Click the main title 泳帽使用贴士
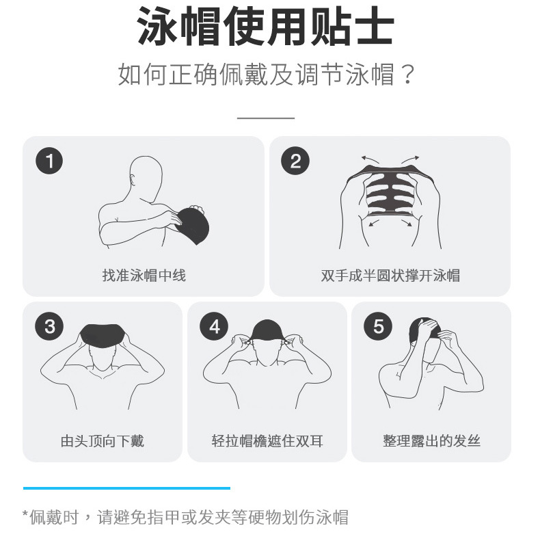pos(266,27)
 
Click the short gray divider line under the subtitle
pos(265,118)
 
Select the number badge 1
pos(49,161)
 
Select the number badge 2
pos(295,161)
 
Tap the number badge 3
pos(49,327)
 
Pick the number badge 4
pos(214,327)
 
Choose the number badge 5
pos(378,327)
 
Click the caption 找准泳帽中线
pos(144,276)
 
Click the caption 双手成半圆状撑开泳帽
pos(390,276)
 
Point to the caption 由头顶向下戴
pos(103,441)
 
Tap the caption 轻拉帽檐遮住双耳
pos(267,441)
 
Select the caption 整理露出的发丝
pos(431,441)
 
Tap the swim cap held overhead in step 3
pos(103,336)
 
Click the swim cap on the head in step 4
pos(266,332)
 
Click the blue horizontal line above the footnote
pos(126,488)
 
